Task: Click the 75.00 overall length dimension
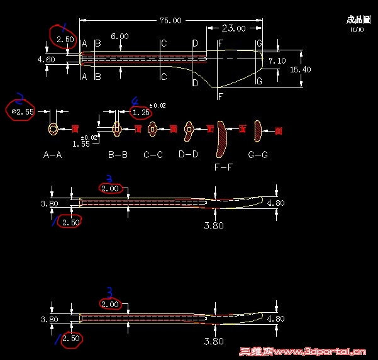click(x=170, y=21)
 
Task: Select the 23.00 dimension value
click(x=233, y=28)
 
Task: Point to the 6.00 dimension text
click(x=120, y=37)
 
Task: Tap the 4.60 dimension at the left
click(x=46, y=60)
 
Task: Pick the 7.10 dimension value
click(x=277, y=61)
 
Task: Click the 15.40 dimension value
click(x=300, y=69)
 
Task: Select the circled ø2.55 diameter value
click(x=23, y=112)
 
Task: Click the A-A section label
click(x=52, y=155)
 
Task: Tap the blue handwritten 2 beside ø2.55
click(x=19, y=97)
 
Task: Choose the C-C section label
click(x=153, y=155)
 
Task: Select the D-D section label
click(x=188, y=154)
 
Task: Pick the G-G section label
click(x=257, y=155)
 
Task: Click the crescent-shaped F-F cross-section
click(x=221, y=138)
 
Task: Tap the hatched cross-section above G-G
click(x=257, y=130)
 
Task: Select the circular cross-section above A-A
click(x=53, y=129)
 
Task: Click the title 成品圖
click(x=355, y=20)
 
